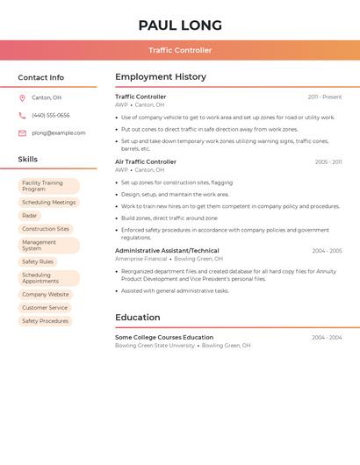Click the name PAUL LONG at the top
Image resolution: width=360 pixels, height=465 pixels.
pyautogui.click(x=180, y=25)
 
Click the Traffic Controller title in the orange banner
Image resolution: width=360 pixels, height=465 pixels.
pyautogui.click(x=180, y=50)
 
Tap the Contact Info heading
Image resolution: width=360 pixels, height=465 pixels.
pyautogui.click(x=40, y=77)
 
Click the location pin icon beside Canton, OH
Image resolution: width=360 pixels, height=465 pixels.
pyautogui.click(x=22, y=97)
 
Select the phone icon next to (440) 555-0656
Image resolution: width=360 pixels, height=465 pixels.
pyautogui.click(x=22, y=115)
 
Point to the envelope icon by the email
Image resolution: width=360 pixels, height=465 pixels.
pyautogui.click(x=22, y=133)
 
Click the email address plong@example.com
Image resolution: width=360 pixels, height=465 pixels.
pyautogui.click(x=58, y=133)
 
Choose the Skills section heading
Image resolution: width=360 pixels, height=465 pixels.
pyautogui.click(x=28, y=160)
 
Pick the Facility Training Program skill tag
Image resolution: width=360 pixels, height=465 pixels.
pyautogui.click(x=48, y=186)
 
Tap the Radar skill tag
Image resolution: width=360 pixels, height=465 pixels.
pyautogui.click(x=30, y=215)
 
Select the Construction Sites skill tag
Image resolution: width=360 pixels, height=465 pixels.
pyautogui.click(x=46, y=229)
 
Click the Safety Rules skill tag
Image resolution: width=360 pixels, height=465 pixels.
pyautogui.click(x=38, y=261)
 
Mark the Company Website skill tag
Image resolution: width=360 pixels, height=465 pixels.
pyautogui.click(x=46, y=295)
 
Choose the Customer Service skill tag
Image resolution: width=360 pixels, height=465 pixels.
pyautogui.click(x=45, y=308)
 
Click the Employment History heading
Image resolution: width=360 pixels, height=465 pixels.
pyautogui.click(x=161, y=77)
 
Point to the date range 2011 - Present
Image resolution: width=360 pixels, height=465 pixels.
pyautogui.click(x=325, y=97)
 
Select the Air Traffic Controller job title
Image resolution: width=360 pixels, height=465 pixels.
pyautogui.click(x=146, y=162)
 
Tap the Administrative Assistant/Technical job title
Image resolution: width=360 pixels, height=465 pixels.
pyautogui.click(x=167, y=251)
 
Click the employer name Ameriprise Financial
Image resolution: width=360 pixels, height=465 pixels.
pyautogui.click(x=140, y=259)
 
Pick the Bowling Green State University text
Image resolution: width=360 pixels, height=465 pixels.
pyautogui.click(x=155, y=346)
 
